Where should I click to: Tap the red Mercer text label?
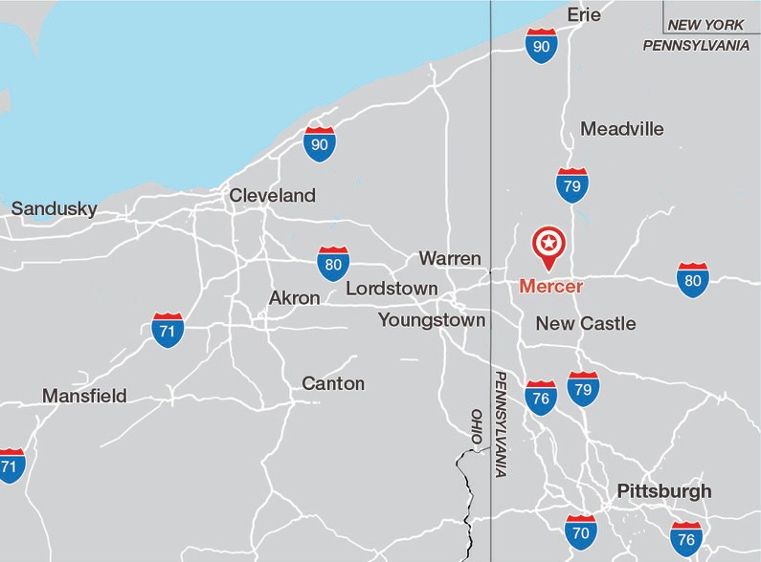click(x=550, y=286)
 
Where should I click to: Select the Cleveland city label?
click(x=272, y=196)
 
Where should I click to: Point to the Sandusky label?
click(x=54, y=209)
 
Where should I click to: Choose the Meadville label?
click(x=622, y=129)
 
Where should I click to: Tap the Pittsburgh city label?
click(x=664, y=491)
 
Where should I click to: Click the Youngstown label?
click(x=432, y=320)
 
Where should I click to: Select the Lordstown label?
click(x=392, y=289)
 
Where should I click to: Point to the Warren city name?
click(x=450, y=258)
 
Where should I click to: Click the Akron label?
click(x=294, y=298)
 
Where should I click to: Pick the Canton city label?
click(x=333, y=384)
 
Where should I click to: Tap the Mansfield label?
click(x=84, y=396)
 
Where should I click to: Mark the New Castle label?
click(x=585, y=324)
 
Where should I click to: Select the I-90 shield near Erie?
click(x=542, y=45)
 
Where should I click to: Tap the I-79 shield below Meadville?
click(x=572, y=185)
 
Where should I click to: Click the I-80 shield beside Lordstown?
click(x=333, y=263)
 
